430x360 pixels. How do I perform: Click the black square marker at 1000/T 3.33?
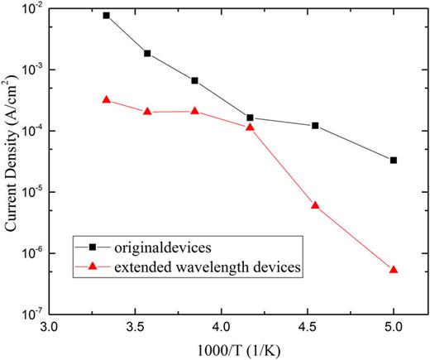click(106, 16)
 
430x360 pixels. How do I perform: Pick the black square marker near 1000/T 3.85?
click(194, 80)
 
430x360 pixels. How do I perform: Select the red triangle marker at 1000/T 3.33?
click(106, 100)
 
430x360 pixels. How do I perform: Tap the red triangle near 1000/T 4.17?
click(250, 127)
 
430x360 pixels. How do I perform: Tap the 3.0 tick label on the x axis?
click(49, 327)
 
